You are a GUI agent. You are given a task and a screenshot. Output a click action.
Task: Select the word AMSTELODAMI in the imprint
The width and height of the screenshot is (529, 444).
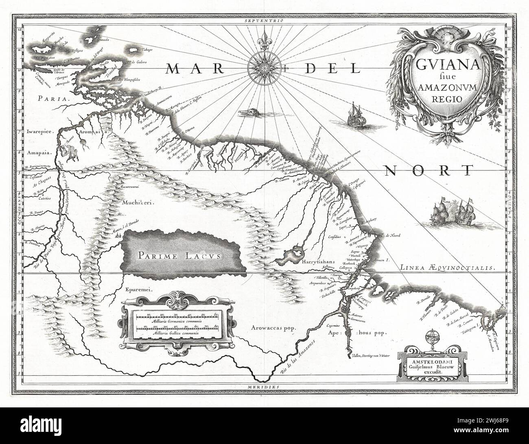pos(431,360)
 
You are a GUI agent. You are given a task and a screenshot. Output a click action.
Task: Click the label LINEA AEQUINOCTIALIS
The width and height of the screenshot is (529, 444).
pos(447,268)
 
